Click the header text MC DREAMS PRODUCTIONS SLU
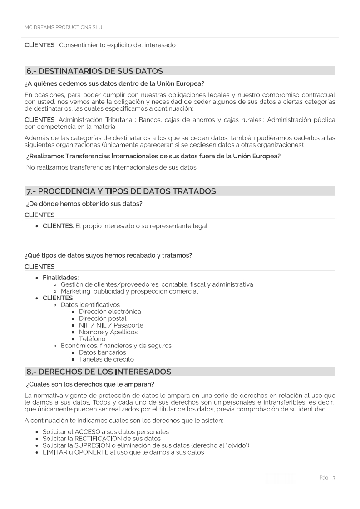tap(63, 27)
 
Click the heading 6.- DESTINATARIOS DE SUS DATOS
tap(94, 71)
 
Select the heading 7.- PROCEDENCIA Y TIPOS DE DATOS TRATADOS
tap(121, 191)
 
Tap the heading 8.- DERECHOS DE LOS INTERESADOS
tap(99, 372)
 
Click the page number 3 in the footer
tap(334, 478)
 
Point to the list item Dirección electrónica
tap(110, 312)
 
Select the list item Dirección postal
tap(103, 318)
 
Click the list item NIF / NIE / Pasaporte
tap(111, 325)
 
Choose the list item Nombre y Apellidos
tap(108, 332)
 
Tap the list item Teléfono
tap(92, 339)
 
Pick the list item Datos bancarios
tap(103, 352)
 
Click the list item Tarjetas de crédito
tap(106, 359)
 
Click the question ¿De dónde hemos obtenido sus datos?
tap(84, 204)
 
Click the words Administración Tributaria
tap(95, 120)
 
